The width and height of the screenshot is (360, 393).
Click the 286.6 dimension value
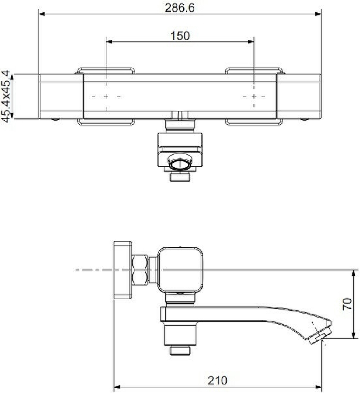[180, 8]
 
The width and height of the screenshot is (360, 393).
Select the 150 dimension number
[180, 36]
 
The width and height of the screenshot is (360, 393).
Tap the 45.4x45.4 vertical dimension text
[6, 96]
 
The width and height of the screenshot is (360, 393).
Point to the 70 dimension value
[347, 304]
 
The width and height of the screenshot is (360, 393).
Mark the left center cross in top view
[106, 96]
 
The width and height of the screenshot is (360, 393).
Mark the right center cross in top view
[254, 96]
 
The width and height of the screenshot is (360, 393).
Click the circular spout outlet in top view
[180, 164]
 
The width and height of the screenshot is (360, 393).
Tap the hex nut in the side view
[140, 270]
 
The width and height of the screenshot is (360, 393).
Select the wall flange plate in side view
[123, 270]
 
